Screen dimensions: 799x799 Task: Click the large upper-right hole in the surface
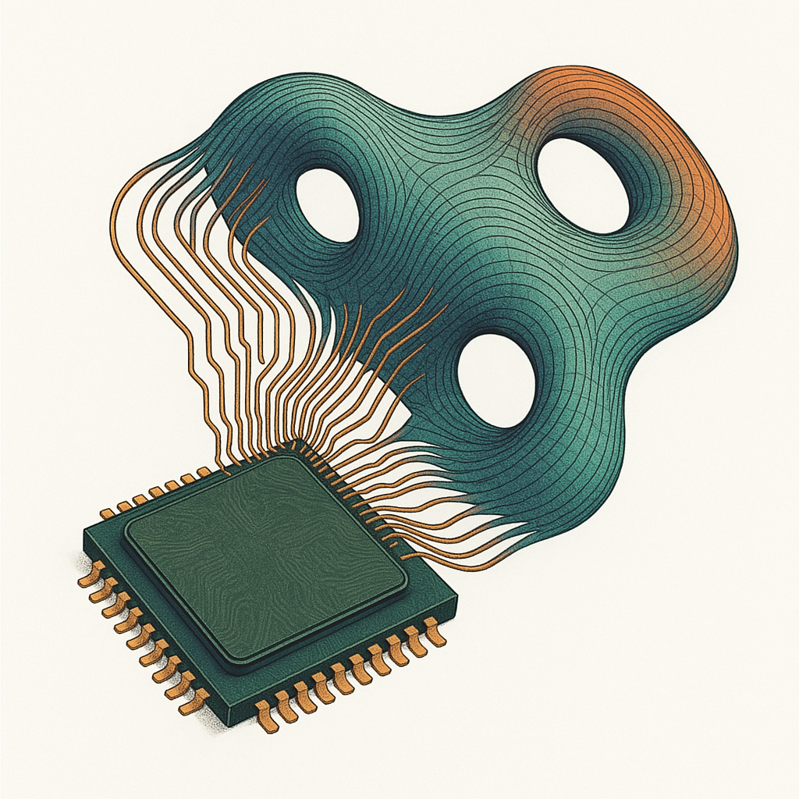click(583, 184)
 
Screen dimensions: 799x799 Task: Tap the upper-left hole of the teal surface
click(328, 204)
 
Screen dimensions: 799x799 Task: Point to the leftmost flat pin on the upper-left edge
click(107, 513)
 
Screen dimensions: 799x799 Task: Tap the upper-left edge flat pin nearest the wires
click(204, 472)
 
